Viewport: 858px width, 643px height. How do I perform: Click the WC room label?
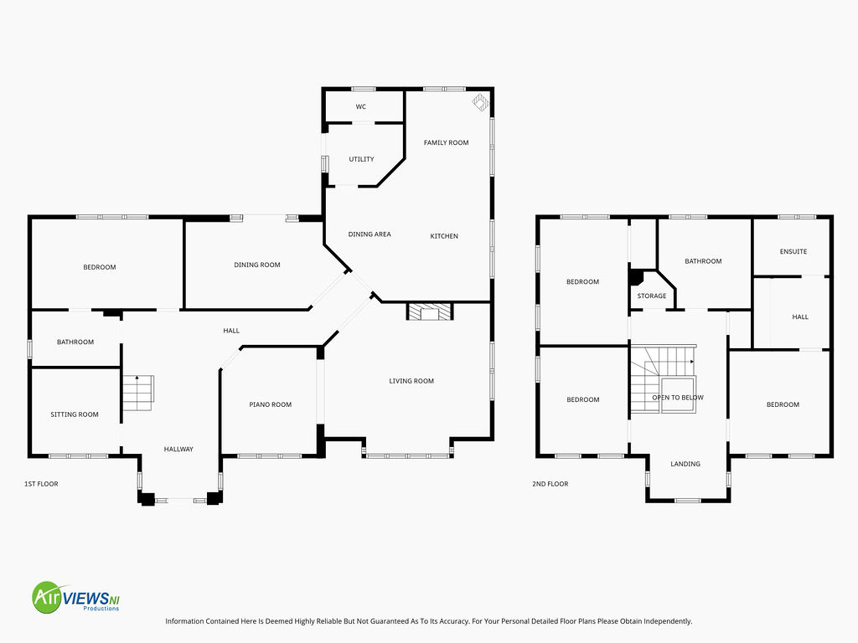point(360,106)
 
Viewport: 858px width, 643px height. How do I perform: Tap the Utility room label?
point(362,159)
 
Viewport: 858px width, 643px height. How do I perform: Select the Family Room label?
point(446,142)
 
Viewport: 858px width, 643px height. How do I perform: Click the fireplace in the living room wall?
point(430,311)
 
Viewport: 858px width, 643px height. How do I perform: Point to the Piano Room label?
point(271,404)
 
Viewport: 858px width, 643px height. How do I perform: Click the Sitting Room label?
point(75,414)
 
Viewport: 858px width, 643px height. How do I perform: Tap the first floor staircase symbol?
point(138,393)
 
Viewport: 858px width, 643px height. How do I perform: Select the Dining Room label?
point(257,265)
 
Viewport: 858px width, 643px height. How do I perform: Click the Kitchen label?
point(444,236)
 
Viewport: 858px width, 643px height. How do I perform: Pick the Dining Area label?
point(370,234)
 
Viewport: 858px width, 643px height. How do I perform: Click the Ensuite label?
point(793,251)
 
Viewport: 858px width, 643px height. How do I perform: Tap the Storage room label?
point(652,296)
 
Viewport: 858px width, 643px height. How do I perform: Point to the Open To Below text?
point(678,398)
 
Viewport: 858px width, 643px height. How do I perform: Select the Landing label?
point(685,464)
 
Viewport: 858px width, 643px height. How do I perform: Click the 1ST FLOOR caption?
point(41,484)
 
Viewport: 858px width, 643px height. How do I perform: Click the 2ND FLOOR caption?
point(550,484)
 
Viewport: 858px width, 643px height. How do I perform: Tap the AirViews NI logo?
point(75,597)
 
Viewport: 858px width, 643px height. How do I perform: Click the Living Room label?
point(411,381)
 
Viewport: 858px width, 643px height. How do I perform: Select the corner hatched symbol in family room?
point(480,102)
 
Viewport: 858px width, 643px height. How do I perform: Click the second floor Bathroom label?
point(703,261)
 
